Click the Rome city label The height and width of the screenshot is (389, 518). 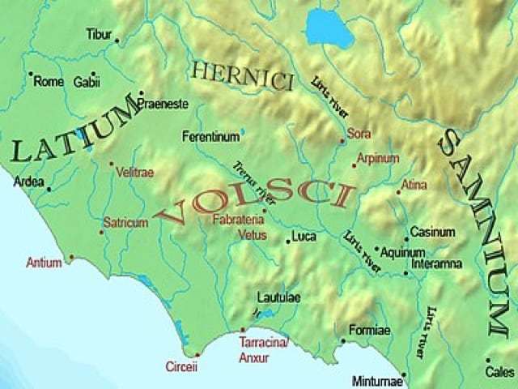(49, 82)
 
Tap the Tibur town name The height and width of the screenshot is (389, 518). (98, 34)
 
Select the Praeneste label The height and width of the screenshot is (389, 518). (163, 105)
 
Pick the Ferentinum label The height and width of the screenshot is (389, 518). (211, 136)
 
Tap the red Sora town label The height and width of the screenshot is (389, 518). (358, 132)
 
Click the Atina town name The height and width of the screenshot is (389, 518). (414, 186)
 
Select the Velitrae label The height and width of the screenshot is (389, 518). (135, 172)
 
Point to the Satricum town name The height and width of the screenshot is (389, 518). (125, 221)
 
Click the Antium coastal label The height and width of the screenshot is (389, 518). (44, 263)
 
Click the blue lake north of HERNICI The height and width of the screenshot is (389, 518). (330, 29)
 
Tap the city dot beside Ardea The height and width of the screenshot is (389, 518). (49, 190)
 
